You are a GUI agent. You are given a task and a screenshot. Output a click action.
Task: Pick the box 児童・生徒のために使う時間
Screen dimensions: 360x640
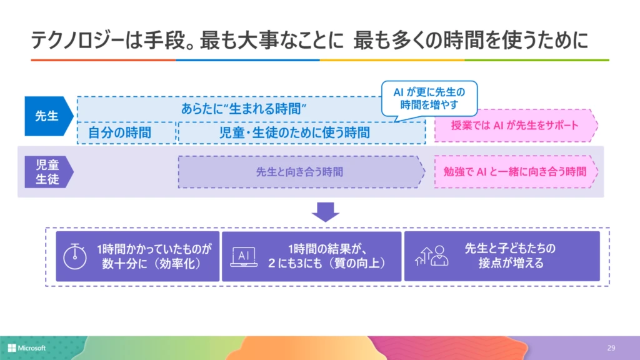[x=294, y=132]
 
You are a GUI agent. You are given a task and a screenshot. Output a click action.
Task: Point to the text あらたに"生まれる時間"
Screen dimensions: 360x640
[x=247, y=108]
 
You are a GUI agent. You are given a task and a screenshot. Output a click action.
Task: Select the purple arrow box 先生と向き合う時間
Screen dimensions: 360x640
[x=300, y=172]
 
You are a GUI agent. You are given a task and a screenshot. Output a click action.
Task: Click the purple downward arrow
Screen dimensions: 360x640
[x=326, y=212]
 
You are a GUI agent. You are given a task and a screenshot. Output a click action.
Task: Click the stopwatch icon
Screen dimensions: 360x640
[x=75, y=256]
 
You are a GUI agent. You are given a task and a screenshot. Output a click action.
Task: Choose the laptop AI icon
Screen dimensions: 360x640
[x=244, y=257]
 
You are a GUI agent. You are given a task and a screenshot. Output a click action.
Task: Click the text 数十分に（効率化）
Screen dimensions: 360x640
[x=151, y=264]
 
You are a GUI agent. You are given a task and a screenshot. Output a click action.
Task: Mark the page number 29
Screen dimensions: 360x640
[x=611, y=347]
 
